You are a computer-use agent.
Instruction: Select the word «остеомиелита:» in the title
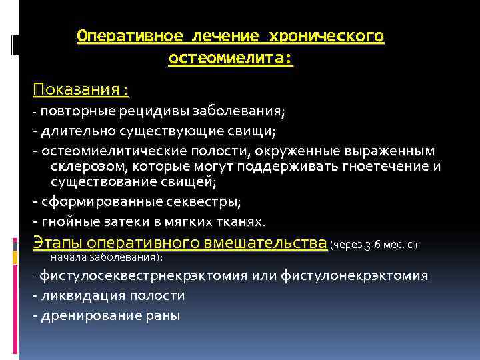point(231,59)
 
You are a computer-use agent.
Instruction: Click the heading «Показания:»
point(80,90)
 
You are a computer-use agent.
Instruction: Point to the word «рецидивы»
point(155,110)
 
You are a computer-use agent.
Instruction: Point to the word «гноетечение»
point(384,166)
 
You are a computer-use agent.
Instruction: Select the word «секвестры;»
point(204,201)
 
